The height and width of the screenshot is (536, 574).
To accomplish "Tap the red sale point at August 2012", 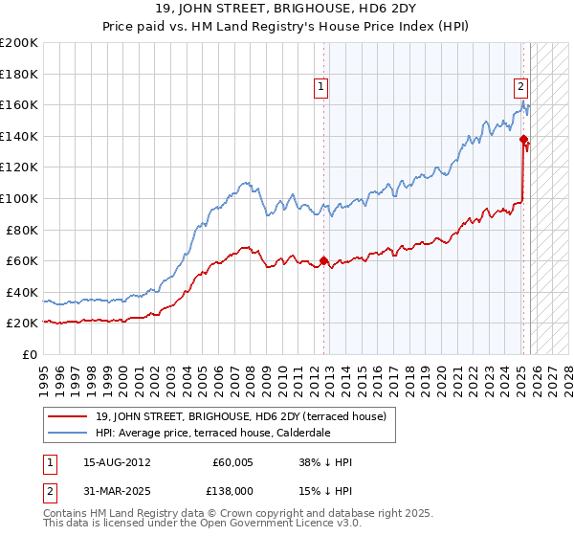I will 323,260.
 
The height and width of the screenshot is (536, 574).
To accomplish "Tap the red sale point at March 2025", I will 523,139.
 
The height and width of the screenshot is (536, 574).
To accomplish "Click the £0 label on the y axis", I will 30,354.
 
